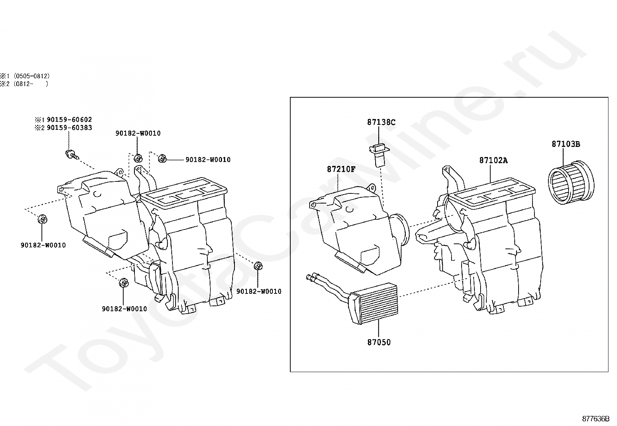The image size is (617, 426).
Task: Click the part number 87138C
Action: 381,122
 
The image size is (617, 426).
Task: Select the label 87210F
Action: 341,169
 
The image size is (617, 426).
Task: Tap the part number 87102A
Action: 493,160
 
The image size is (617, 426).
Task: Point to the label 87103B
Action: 566,144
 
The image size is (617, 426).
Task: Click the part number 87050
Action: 379,343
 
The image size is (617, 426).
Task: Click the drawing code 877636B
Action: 595,419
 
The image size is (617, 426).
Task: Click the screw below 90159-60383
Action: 72,154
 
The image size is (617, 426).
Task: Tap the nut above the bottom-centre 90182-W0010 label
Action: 124,283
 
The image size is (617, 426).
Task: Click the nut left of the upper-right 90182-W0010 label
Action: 162,158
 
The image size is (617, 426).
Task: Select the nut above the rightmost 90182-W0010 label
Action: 258,266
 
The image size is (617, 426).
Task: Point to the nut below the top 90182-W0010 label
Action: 138,158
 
